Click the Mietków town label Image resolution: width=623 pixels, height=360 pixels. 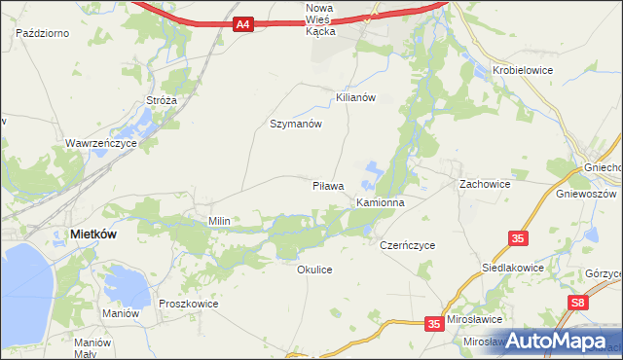95,234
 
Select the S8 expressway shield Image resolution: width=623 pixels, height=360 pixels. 579,304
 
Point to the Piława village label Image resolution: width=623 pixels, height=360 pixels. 328,185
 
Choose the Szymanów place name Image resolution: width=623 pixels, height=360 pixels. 295,125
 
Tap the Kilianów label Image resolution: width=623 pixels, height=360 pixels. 355,98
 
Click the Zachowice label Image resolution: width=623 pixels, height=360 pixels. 485,183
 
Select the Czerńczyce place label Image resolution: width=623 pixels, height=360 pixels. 407,245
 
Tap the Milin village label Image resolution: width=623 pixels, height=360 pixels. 219,221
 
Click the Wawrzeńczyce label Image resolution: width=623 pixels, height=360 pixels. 101,142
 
